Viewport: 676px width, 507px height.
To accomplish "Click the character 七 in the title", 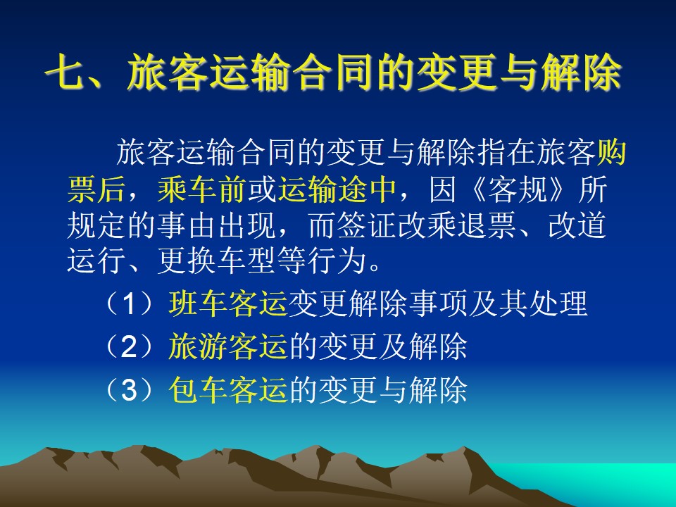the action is point(65,73).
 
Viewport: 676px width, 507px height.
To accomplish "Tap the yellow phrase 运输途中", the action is point(337,189).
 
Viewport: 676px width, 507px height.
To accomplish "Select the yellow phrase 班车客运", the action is point(228,303).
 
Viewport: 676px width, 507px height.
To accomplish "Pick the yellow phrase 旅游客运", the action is point(228,346).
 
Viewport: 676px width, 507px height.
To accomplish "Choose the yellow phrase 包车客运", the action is point(228,389).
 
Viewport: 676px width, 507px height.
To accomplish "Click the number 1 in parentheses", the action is point(130,303).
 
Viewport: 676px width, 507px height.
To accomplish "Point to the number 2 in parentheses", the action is point(130,346).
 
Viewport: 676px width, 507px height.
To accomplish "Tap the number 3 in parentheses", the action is point(130,390).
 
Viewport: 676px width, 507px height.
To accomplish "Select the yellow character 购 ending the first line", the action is point(611,153).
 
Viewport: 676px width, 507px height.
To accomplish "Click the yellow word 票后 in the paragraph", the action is point(96,189).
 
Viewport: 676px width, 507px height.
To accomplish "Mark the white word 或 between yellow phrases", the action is point(262,189).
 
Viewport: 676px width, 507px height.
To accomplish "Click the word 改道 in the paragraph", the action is point(577,225).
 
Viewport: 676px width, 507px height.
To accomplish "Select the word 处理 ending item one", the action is point(558,303).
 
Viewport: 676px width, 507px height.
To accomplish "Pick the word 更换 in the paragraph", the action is point(187,261).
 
